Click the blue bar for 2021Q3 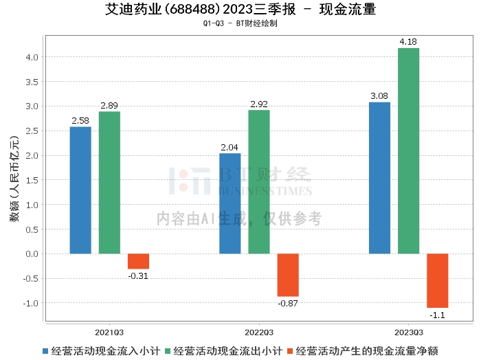[x=80, y=190]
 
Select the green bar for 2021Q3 [x=109, y=183]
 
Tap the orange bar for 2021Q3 [x=138, y=261]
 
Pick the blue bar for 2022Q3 [x=230, y=203]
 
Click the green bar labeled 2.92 [x=259, y=182]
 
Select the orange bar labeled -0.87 [x=288, y=275]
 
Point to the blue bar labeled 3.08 [x=379, y=178]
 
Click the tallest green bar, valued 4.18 [x=409, y=151]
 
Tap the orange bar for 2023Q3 [x=438, y=280]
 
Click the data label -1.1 [x=437, y=315]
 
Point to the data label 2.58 [x=80, y=120]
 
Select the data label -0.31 [x=138, y=276]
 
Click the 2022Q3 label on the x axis [x=259, y=333]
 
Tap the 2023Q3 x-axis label [x=409, y=333]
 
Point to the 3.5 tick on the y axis [x=32, y=82]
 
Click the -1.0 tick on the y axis [x=31, y=303]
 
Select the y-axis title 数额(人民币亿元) [x=14, y=179]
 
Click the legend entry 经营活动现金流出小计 [x=223, y=351]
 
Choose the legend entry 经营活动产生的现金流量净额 [x=362, y=351]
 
